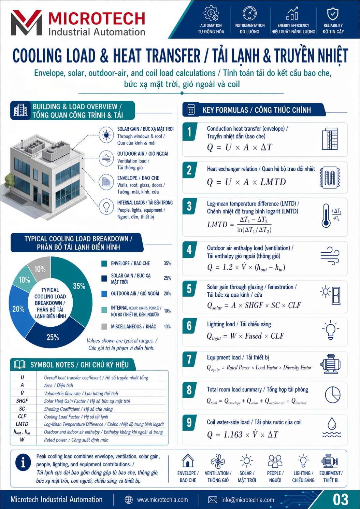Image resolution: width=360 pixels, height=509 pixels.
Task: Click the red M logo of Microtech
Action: tap(27, 23)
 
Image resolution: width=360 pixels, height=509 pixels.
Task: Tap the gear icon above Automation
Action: tap(211, 13)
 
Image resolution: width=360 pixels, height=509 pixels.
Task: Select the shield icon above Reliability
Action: tap(333, 14)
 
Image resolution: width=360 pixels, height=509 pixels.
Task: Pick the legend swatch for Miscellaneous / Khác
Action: tap(104, 327)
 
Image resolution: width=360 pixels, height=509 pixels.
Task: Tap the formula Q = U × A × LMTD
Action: tap(246, 182)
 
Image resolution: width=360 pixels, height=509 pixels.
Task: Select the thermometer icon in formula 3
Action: tap(326, 216)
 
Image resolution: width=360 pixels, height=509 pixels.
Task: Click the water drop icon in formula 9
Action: tap(332, 427)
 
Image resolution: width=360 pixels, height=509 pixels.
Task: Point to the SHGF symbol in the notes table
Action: tap(22, 401)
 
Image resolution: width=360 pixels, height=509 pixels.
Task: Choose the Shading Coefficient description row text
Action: tap(78, 409)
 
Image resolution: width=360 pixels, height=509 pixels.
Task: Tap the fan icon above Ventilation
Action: tap(218, 461)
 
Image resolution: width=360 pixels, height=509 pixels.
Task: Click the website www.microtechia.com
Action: tap(162, 500)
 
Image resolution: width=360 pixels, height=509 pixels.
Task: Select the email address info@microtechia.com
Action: tap(248, 500)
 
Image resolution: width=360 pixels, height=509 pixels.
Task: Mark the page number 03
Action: tap(341, 500)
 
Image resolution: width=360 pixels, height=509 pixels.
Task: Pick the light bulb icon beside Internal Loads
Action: tap(106, 206)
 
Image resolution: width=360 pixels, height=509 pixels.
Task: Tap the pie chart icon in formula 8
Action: tap(332, 395)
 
